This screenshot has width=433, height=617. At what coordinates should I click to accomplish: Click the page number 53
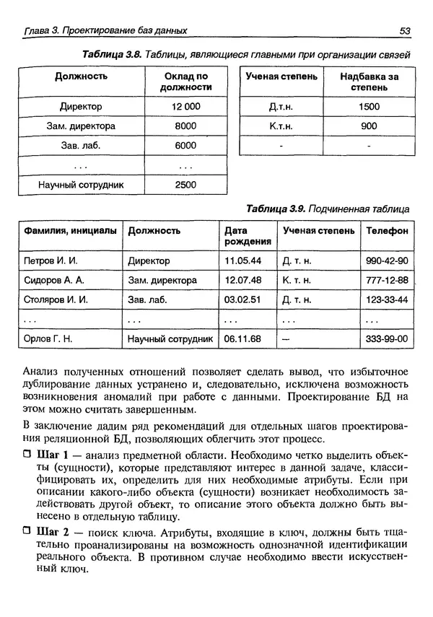(404, 30)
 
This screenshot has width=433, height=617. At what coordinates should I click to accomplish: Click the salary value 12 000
(185, 107)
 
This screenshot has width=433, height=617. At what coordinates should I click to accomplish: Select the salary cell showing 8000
(185, 126)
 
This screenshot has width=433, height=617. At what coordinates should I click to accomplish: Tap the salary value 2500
(185, 185)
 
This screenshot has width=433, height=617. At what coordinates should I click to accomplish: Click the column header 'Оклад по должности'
(185, 81)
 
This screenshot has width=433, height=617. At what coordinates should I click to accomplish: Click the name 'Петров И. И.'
(51, 261)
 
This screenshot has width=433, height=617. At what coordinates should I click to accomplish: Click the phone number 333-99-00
(387, 338)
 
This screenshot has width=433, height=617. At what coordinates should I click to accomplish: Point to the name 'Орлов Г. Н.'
(48, 338)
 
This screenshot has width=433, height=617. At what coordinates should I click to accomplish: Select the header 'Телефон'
(387, 231)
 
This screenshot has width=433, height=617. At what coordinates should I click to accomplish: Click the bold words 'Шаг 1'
(50, 456)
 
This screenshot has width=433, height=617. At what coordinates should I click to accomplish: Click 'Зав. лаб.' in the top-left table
(79, 145)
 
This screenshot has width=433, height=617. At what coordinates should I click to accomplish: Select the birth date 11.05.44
(242, 261)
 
